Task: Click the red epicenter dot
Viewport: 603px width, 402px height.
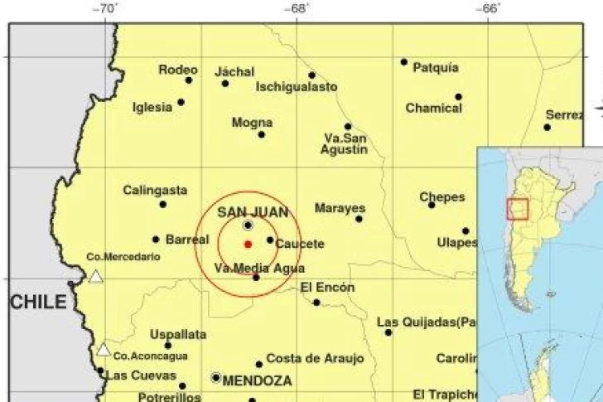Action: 248,244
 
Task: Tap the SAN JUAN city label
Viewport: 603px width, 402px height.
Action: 253,212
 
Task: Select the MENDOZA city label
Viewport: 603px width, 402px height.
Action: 257,381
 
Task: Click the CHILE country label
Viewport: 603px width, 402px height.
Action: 38,303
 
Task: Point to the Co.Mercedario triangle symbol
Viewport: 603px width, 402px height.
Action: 96,276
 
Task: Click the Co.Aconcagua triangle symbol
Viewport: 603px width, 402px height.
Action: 104,350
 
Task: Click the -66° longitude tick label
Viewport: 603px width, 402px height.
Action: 489,8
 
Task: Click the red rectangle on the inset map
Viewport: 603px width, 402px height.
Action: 517,209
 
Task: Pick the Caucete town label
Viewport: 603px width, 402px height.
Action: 300,245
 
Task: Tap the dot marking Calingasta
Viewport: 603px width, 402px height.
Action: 163,204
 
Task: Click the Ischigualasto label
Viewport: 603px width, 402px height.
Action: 297,86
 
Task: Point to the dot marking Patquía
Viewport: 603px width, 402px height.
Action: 404,61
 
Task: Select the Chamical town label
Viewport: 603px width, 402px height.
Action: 433,108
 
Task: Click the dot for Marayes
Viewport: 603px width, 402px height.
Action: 359,219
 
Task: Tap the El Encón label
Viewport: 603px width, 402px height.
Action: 327,288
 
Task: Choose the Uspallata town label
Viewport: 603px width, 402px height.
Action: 178,335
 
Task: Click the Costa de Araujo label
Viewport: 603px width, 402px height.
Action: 315,358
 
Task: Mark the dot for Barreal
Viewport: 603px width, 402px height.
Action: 156,240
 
